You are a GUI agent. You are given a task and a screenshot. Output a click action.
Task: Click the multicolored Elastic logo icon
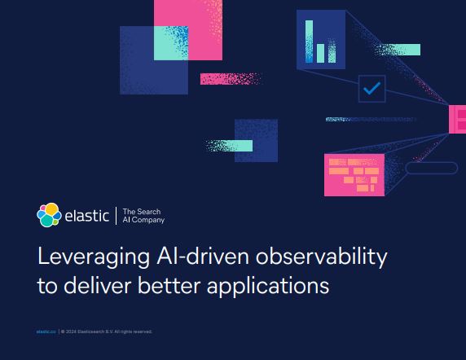49,214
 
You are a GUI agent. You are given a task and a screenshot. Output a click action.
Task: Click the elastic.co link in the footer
46,331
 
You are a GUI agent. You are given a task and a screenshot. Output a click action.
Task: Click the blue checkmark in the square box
371,89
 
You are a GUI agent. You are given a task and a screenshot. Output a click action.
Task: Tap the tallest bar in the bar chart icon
310,42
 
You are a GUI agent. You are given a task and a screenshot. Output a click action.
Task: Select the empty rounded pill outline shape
431,168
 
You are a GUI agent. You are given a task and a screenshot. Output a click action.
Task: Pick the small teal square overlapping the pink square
166,50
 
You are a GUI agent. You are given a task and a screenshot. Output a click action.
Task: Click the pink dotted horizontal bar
231,79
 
